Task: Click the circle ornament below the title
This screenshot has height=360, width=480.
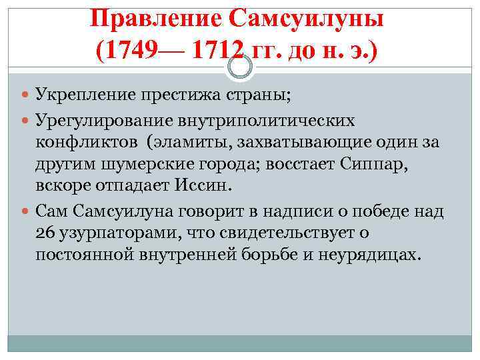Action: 239,65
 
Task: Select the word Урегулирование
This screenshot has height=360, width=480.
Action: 101,121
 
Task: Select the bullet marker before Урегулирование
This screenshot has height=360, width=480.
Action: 25,121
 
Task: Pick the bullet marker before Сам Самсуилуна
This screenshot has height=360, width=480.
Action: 25,212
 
